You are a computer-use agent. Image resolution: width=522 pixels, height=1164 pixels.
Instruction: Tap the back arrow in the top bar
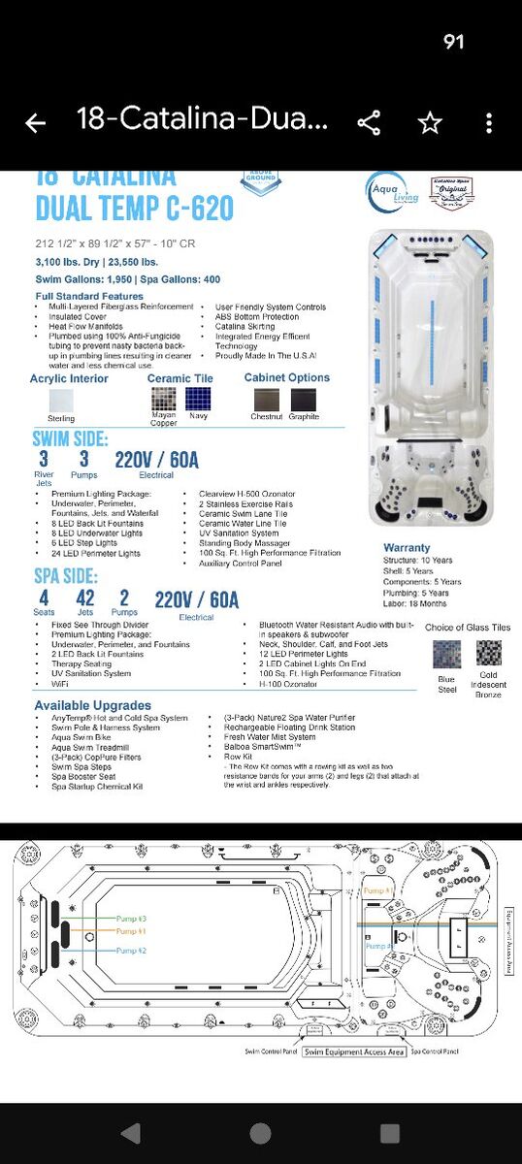[36, 123]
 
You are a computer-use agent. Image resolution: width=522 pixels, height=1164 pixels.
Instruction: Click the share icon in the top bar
[369, 123]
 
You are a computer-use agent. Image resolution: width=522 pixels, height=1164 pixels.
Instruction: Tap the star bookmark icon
[429, 123]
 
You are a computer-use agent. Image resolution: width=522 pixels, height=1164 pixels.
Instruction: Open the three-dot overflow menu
[489, 123]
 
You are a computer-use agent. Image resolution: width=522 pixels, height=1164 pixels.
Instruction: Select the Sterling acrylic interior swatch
[61, 400]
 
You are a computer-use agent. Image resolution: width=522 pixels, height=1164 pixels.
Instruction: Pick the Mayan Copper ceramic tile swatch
[163, 399]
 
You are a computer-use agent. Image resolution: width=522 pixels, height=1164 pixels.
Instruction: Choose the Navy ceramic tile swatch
[198, 399]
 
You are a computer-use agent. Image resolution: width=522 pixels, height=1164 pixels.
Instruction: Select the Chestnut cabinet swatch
[266, 399]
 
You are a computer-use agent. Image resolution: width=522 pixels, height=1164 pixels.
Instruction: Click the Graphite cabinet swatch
[304, 399]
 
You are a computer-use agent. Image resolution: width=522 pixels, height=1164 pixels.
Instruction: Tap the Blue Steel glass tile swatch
[447, 654]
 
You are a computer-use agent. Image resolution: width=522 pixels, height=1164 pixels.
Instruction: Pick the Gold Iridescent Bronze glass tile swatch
[488, 653]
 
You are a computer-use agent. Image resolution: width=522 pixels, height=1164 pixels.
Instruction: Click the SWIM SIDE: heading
[70, 439]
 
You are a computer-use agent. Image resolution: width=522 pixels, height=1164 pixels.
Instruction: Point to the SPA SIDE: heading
[65, 576]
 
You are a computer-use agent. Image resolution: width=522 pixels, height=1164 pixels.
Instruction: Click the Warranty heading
[407, 548]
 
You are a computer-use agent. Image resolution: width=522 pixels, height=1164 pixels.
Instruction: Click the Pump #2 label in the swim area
[132, 951]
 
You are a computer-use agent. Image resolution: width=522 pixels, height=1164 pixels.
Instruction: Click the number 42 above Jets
[85, 598]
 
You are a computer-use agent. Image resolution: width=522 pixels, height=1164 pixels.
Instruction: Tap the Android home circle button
[260, 1133]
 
